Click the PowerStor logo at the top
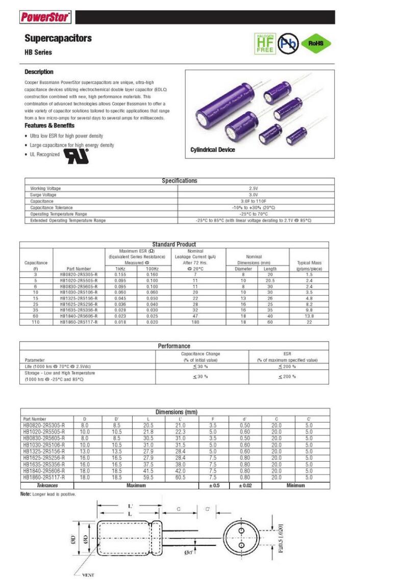[45, 17]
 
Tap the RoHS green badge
[316, 44]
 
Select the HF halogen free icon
[265, 44]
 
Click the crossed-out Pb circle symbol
[288, 44]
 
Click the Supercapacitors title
[58, 38]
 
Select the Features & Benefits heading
[49, 125]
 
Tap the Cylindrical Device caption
[213, 150]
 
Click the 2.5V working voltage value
[254, 188]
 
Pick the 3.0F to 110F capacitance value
[254, 201]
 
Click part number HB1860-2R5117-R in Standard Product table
[79, 323]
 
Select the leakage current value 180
[195, 323]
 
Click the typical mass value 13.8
[309, 317]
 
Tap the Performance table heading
[174, 346]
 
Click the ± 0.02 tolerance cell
[245, 486]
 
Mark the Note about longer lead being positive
[48, 494]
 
